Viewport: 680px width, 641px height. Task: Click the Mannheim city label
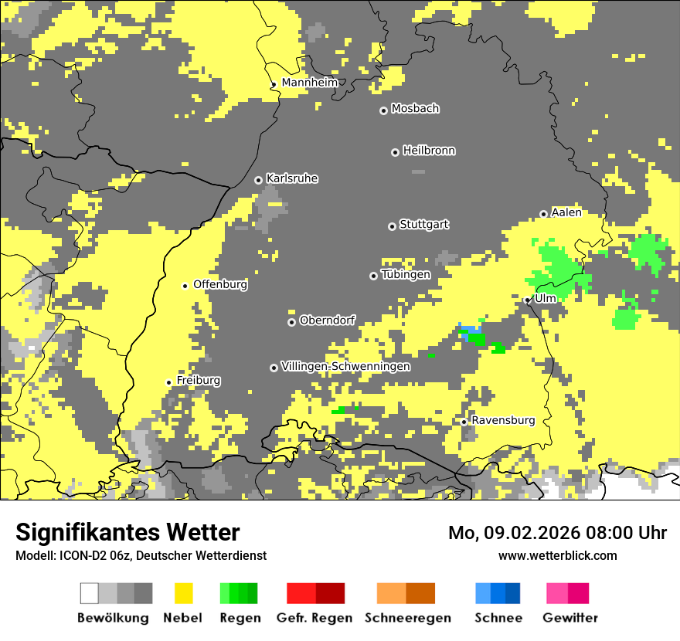coord(309,83)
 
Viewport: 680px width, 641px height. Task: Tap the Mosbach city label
coord(415,109)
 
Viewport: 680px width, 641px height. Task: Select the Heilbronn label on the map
coord(429,151)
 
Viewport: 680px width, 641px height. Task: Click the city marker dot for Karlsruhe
coord(259,180)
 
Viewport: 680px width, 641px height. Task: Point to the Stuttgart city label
coord(423,225)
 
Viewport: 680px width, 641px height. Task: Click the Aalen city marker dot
coord(543,214)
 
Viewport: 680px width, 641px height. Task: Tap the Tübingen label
coord(406,275)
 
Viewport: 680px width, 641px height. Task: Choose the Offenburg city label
coord(220,284)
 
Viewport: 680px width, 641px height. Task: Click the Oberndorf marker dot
coord(291,322)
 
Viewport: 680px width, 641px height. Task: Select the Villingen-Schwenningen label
coord(345,366)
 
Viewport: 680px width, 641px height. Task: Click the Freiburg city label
coord(199,381)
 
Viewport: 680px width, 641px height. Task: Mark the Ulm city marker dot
coord(527,300)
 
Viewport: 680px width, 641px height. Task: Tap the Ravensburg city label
coord(503,421)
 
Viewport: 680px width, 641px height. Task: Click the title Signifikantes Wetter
coord(127,532)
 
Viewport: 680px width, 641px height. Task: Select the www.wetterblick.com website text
coord(557,555)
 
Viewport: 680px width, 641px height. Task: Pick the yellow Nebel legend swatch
coord(183,593)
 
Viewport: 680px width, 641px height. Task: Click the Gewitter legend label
coord(569,618)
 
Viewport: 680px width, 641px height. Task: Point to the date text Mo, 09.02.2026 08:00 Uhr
coord(557,533)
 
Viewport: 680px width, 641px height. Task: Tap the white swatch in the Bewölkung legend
coord(90,593)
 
